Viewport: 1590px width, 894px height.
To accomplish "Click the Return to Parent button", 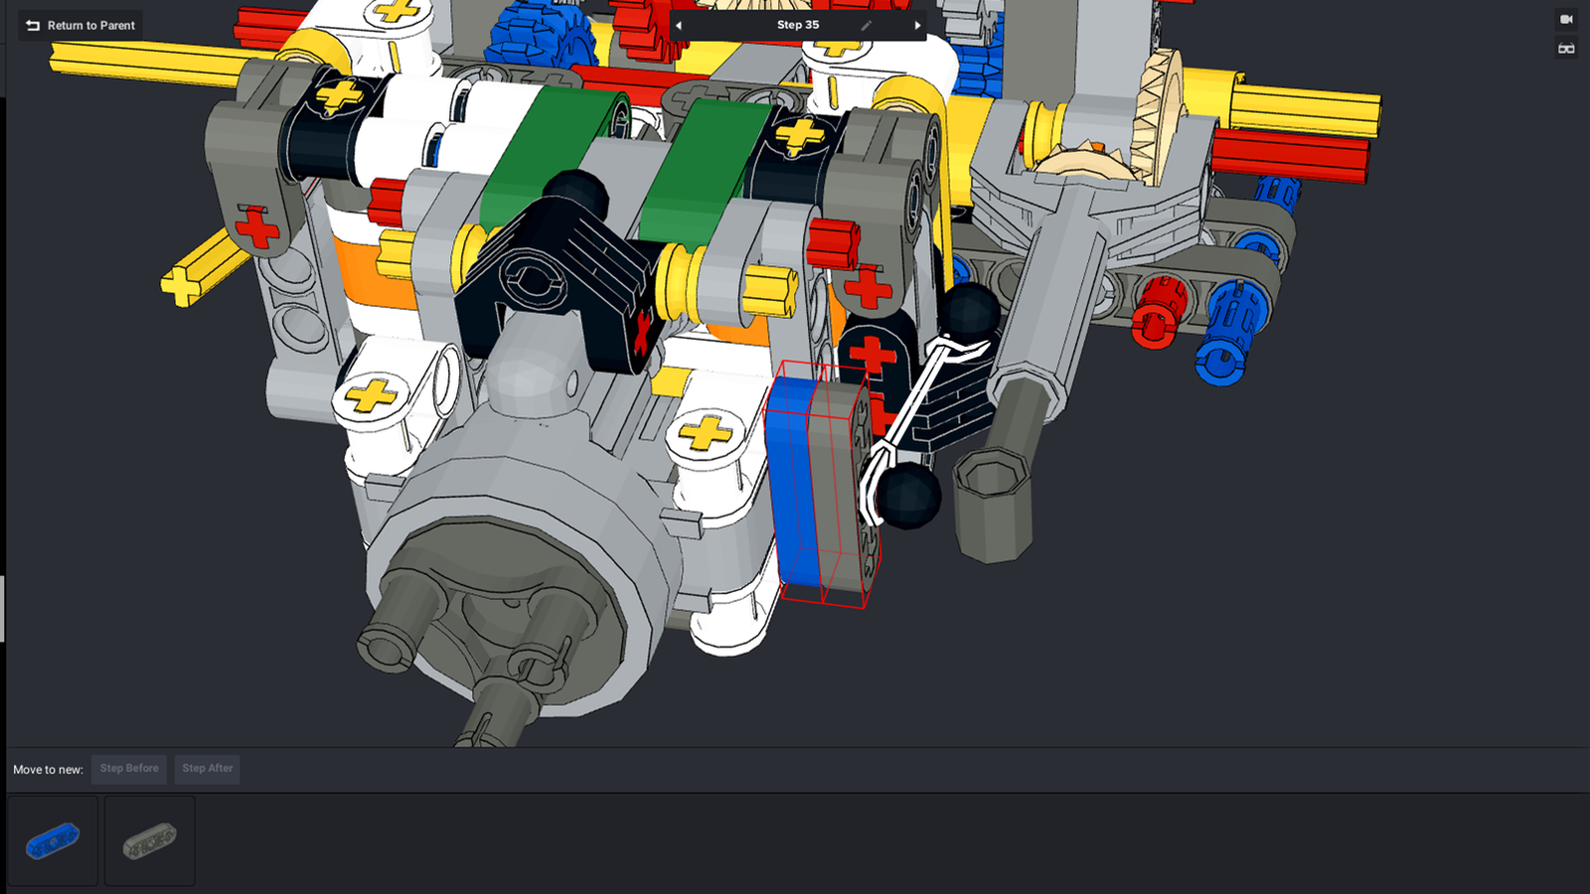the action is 80,26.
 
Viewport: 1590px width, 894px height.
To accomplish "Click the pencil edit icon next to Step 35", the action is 866,26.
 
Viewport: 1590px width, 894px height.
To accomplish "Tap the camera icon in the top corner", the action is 1566,19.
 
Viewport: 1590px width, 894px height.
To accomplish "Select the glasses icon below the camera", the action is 1566,49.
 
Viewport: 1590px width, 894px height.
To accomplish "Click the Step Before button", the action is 129,769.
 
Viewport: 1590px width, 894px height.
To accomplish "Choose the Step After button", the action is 208,769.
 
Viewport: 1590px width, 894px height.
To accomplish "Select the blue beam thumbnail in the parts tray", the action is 53,840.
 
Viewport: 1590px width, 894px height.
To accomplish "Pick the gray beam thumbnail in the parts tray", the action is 150,840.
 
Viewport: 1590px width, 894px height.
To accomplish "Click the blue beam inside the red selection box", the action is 794,483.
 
